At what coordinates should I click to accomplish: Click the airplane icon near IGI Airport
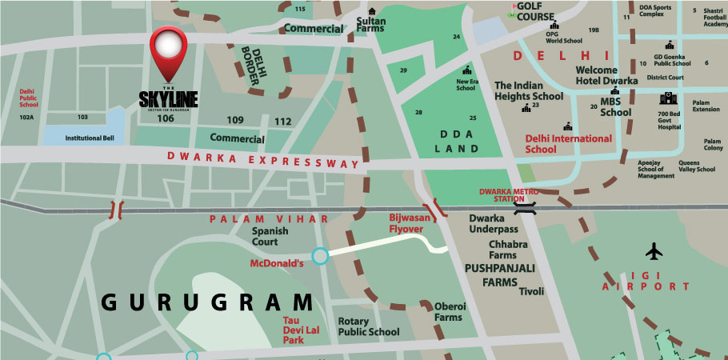(x=654, y=251)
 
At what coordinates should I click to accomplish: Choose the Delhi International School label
(x=568, y=143)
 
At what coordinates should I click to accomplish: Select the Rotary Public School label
(x=368, y=326)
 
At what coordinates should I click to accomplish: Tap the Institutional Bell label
(x=78, y=138)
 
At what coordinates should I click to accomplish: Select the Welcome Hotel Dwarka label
(x=606, y=75)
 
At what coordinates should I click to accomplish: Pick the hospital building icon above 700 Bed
(x=668, y=99)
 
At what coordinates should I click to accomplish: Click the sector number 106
(x=166, y=118)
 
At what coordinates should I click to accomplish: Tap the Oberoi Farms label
(x=448, y=311)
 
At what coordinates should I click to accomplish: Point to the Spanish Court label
(x=264, y=237)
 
